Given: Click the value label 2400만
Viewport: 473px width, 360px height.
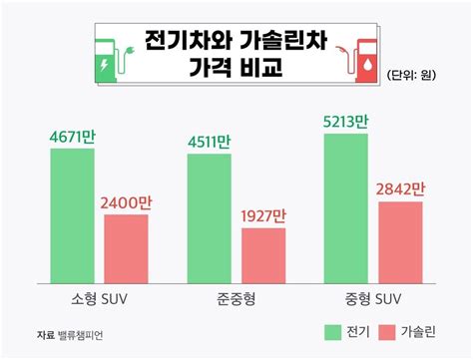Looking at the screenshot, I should point(126,202).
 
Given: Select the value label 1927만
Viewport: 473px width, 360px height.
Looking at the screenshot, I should point(263,215).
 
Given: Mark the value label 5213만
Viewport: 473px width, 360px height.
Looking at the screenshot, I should point(346,121).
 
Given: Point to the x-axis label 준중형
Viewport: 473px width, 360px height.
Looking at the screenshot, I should point(236,298).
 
